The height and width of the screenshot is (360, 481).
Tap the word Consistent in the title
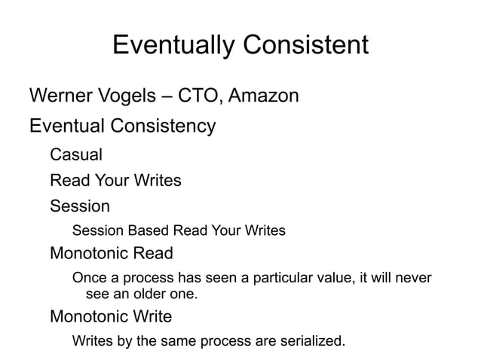pyautogui.click(x=306, y=45)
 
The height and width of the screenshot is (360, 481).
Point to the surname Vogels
pyautogui.click(x=135, y=96)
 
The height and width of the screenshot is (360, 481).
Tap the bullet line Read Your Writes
pyautogui.click(x=115, y=181)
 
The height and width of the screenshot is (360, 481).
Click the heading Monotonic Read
pyautogui.click(x=111, y=253)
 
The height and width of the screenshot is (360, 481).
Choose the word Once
pyautogui.click(x=90, y=279)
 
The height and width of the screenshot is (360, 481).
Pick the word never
pyautogui.click(x=412, y=279)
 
